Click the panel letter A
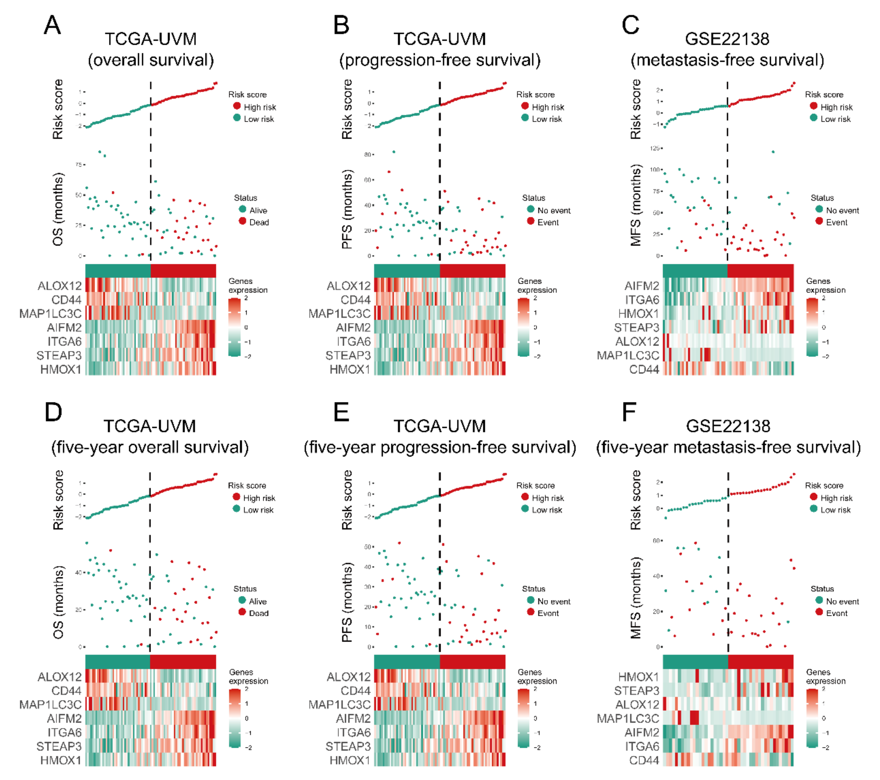53,25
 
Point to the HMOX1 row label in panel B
350,369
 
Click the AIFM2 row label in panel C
642,286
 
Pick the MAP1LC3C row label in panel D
50,705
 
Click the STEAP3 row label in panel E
348,746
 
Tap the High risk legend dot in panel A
237,106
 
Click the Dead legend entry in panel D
258,613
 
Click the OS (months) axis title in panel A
58,209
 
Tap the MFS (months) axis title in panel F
635,598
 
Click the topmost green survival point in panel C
773,152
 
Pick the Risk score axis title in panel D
58,500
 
